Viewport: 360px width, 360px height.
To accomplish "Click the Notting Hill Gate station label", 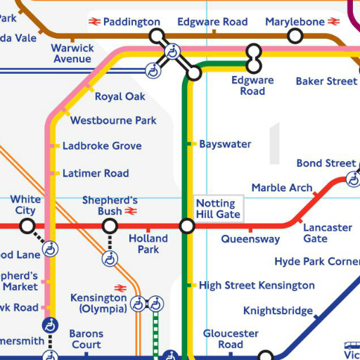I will click(218, 209).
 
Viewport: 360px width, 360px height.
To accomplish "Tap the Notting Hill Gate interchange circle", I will click(187, 226).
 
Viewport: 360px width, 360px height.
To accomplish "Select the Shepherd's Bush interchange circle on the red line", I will click(110, 226).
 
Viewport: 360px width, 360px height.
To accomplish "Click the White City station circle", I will click(27, 226).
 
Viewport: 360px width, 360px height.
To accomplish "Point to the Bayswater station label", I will click(225, 144).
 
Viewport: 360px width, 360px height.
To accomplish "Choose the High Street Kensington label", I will click(257, 285).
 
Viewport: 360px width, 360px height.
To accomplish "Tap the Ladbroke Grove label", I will click(102, 146).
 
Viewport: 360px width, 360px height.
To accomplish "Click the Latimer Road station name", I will click(96, 173).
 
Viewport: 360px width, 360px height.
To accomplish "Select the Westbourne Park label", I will click(113, 120).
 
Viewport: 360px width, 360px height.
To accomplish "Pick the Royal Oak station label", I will click(120, 96).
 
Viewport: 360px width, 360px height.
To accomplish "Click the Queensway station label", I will click(250, 239).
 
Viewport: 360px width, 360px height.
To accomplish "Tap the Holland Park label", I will click(148, 244).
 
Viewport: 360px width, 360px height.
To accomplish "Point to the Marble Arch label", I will click(282, 188).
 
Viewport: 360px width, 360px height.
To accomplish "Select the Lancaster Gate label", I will click(328, 233).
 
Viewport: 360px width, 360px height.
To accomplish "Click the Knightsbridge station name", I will click(278, 311).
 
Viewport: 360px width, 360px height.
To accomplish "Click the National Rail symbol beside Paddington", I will click(95, 22).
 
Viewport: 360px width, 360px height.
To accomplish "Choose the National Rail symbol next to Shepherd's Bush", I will click(131, 212).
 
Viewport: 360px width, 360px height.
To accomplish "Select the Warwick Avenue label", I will click(72, 53).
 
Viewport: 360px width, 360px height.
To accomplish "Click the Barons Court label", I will click(86, 340).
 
